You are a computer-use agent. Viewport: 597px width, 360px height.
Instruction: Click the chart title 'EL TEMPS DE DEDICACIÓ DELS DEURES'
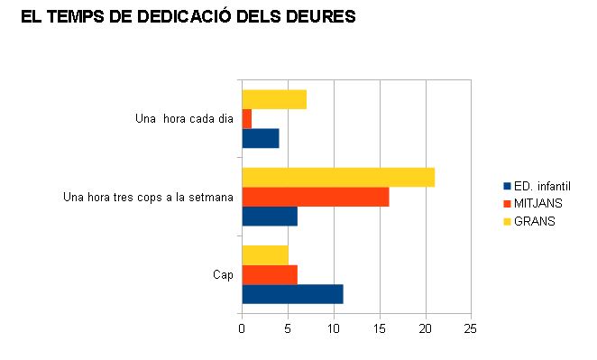click(188, 17)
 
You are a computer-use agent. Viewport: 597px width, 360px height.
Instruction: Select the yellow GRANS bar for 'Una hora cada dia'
click(274, 99)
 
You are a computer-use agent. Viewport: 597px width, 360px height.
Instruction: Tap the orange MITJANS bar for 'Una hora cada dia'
click(246, 118)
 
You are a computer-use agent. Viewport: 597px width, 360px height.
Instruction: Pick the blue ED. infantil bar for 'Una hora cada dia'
click(261, 139)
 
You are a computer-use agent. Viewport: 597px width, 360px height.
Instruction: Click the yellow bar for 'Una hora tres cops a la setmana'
click(338, 177)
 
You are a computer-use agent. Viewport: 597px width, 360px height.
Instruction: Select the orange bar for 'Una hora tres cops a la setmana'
click(316, 197)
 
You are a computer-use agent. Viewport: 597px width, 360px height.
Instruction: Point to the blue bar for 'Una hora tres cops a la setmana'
click(270, 217)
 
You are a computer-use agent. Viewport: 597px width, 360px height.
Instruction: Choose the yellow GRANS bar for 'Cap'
click(265, 254)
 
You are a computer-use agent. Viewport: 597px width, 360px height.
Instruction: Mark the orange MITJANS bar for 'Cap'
click(270, 274)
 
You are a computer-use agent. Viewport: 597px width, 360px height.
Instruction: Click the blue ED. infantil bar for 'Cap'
click(292, 294)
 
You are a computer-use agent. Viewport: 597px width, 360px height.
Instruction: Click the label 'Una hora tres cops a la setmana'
click(148, 197)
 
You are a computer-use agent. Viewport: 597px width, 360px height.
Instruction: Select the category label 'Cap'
click(223, 274)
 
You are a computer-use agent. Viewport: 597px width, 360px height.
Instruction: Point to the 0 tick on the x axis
click(242, 330)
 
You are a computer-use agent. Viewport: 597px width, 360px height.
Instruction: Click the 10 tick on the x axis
click(334, 330)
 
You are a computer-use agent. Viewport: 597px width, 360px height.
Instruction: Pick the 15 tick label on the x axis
click(380, 330)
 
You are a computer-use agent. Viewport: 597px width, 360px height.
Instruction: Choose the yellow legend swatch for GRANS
click(507, 220)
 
